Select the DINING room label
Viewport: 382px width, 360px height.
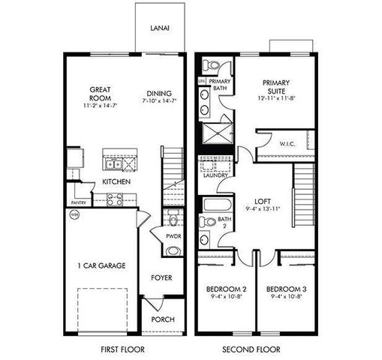tap(159, 94)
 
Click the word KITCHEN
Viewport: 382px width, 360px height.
tap(118, 182)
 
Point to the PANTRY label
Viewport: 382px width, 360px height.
tap(79, 202)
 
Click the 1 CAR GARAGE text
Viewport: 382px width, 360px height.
tap(101, 265)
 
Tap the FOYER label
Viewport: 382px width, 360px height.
tap(161, 277)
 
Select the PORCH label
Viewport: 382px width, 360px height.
tap(162, 319)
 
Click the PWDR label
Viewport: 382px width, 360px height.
tap(173, 236)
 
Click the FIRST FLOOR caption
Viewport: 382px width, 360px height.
tap(122, 349)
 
